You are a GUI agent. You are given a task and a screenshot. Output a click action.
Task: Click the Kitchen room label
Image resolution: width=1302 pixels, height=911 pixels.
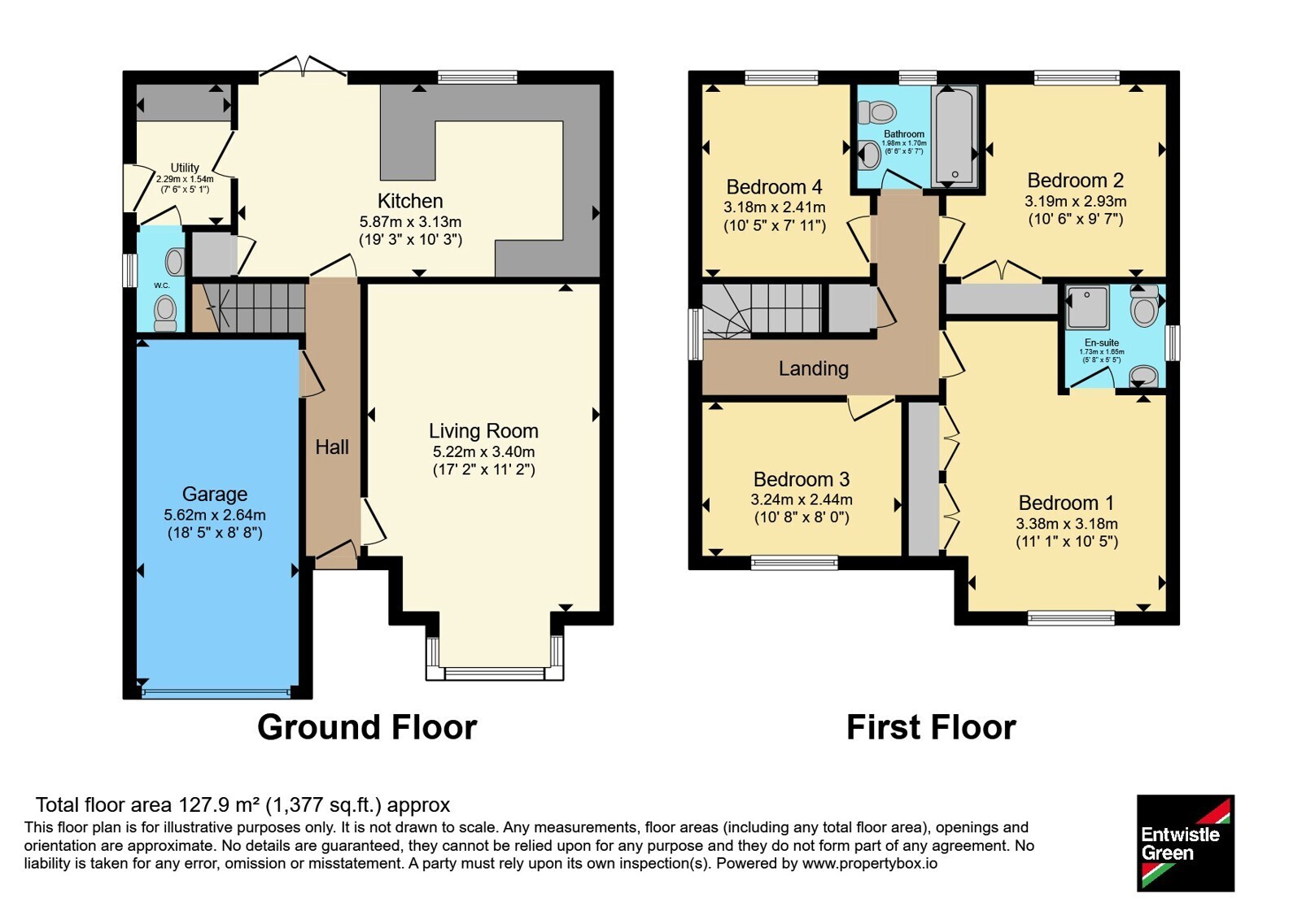[x=410, y=201]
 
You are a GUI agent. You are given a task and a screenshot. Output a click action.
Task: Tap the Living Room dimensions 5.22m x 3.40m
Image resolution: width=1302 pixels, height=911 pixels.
[x=483, y=451]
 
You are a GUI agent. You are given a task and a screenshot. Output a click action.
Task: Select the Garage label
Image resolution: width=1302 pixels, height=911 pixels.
[x=215, y=494]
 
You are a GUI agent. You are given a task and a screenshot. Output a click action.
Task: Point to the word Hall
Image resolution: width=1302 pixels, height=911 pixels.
[x=332, y=447]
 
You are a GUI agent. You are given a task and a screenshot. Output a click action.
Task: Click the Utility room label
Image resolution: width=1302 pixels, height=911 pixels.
[x=185, y=168]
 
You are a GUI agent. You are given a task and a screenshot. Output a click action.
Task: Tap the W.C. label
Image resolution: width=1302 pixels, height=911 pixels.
[x=162, y=286]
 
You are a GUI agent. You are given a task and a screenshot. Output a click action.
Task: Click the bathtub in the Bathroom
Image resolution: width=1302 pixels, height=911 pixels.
[x=955, y=136]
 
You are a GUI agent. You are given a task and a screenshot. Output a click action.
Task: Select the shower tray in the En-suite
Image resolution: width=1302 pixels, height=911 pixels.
[x=1087, y=306]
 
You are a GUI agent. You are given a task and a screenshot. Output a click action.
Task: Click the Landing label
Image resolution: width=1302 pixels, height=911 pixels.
[x=814, y=368]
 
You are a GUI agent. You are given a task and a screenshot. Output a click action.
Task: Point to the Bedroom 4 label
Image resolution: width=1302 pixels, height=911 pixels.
[x=774, y=187]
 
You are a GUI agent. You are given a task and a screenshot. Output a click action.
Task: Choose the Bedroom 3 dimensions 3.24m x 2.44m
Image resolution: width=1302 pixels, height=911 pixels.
[x=802, y=499]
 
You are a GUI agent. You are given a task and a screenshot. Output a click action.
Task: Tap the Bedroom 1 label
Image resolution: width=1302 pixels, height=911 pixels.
[x=1067, y=503]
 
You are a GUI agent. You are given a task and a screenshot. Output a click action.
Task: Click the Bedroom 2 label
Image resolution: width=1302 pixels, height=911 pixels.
[x=1075, y=180]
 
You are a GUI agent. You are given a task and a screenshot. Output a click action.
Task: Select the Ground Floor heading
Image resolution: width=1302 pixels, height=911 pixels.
[x=367, y=727]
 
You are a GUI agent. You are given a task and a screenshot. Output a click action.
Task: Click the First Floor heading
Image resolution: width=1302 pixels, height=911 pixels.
[x=931, y=727]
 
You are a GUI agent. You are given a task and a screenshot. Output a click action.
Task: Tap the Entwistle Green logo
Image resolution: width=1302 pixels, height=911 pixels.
[x=1186, y=843]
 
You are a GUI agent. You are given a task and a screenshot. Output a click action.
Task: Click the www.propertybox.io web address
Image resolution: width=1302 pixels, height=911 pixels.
[x=870, y=863]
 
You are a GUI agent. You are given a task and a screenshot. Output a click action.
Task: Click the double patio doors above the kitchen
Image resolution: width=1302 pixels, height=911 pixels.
[x=303, y=66]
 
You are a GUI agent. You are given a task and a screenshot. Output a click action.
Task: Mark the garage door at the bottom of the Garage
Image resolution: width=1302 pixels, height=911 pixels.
[x=215, y=692]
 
